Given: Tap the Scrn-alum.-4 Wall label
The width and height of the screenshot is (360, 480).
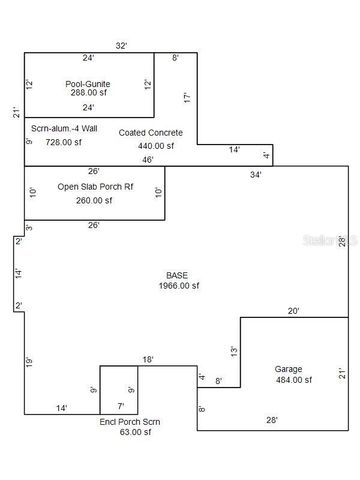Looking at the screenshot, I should [64, 128].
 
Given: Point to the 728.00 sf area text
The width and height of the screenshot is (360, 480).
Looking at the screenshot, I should [63, 142].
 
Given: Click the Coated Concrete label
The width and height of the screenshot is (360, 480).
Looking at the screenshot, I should [150, 132].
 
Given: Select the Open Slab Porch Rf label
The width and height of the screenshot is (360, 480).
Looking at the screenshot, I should [89, 186].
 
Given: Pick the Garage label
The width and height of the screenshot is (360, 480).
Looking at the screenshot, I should [288, 369].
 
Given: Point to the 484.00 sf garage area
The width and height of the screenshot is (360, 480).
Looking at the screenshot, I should [288, 380].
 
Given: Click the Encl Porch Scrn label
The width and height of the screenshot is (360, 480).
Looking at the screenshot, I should [129, 422].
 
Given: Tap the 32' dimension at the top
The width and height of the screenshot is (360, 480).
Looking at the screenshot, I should [121, 46].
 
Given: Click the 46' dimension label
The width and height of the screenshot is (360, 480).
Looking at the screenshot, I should [148, 160].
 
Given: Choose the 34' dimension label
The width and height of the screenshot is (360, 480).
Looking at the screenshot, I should [255, 174].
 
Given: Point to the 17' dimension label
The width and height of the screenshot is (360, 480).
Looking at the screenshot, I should [187, 98].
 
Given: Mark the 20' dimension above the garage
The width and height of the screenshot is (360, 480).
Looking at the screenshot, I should [294, 311].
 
